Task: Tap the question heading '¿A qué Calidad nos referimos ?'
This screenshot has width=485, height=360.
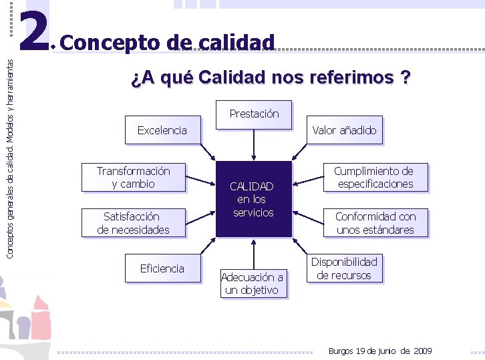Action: click(271, 78)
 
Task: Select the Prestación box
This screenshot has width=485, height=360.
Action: click(254, 114)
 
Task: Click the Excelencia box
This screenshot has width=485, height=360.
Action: click(162, 130)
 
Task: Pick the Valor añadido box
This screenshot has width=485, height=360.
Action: click(344, 130)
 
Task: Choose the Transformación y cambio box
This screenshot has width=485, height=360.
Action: click(134, 178)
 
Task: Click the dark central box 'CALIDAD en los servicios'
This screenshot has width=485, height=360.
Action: click(254, 199)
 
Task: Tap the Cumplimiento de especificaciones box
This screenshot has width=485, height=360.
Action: click(373, 178)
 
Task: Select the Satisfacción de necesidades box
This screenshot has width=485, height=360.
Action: click(134, 223)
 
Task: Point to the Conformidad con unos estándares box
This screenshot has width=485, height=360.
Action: click(375, 223)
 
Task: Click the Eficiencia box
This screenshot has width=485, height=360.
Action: click(162, 268)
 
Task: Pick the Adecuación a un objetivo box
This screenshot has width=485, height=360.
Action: click(253, 283)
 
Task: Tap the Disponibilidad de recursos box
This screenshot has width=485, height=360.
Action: click(344, 268)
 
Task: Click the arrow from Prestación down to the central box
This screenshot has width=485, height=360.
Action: click(254, 144)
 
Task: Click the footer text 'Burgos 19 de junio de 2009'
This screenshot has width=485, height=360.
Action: click(380, 351)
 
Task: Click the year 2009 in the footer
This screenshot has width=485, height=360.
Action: click(423, 351)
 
